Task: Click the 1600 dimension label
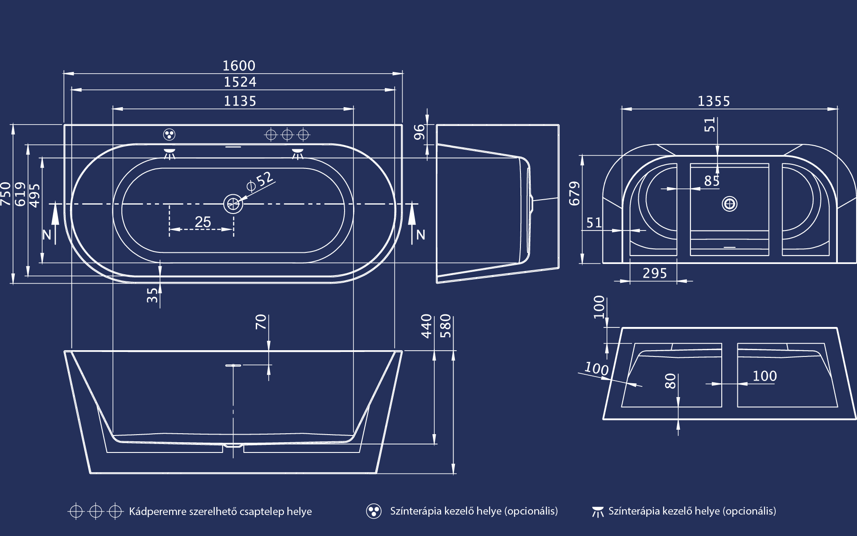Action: coord(239,66)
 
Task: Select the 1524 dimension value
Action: coord(240,82)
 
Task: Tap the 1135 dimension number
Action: coord(240,101)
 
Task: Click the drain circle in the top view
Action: coord(233,204)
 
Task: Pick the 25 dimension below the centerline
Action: coord(203,222)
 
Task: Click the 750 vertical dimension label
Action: coord(6,194)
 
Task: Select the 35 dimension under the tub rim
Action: coord(152,295)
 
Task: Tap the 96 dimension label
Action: coord(419,132)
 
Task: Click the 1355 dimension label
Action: coord(714,101)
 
